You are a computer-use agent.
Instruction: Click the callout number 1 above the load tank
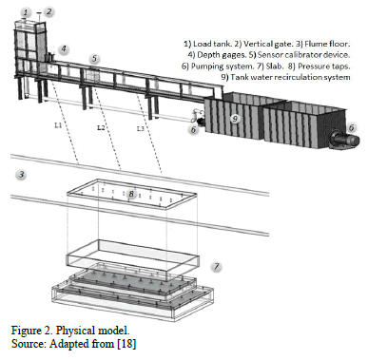(26, 12)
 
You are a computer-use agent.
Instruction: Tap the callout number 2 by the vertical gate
(48, 11)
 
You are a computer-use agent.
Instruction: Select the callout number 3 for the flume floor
(21, 174)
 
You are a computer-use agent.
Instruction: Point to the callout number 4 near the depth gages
(64, 48)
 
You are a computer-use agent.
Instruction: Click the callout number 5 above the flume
(94, 59)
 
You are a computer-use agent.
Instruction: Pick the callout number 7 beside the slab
(217, 267)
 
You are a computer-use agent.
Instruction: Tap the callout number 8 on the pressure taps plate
(131, 194)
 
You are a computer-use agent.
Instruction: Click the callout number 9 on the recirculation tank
(235, 119)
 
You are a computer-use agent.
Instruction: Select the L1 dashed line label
(57, 125)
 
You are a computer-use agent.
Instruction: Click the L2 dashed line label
(101, 127)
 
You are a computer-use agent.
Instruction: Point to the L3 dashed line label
(141, 128)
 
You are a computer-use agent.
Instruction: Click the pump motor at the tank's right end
(344, 140)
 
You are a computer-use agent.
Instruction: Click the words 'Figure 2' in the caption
(30, 331)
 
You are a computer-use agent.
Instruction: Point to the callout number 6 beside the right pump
(351, 127)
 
